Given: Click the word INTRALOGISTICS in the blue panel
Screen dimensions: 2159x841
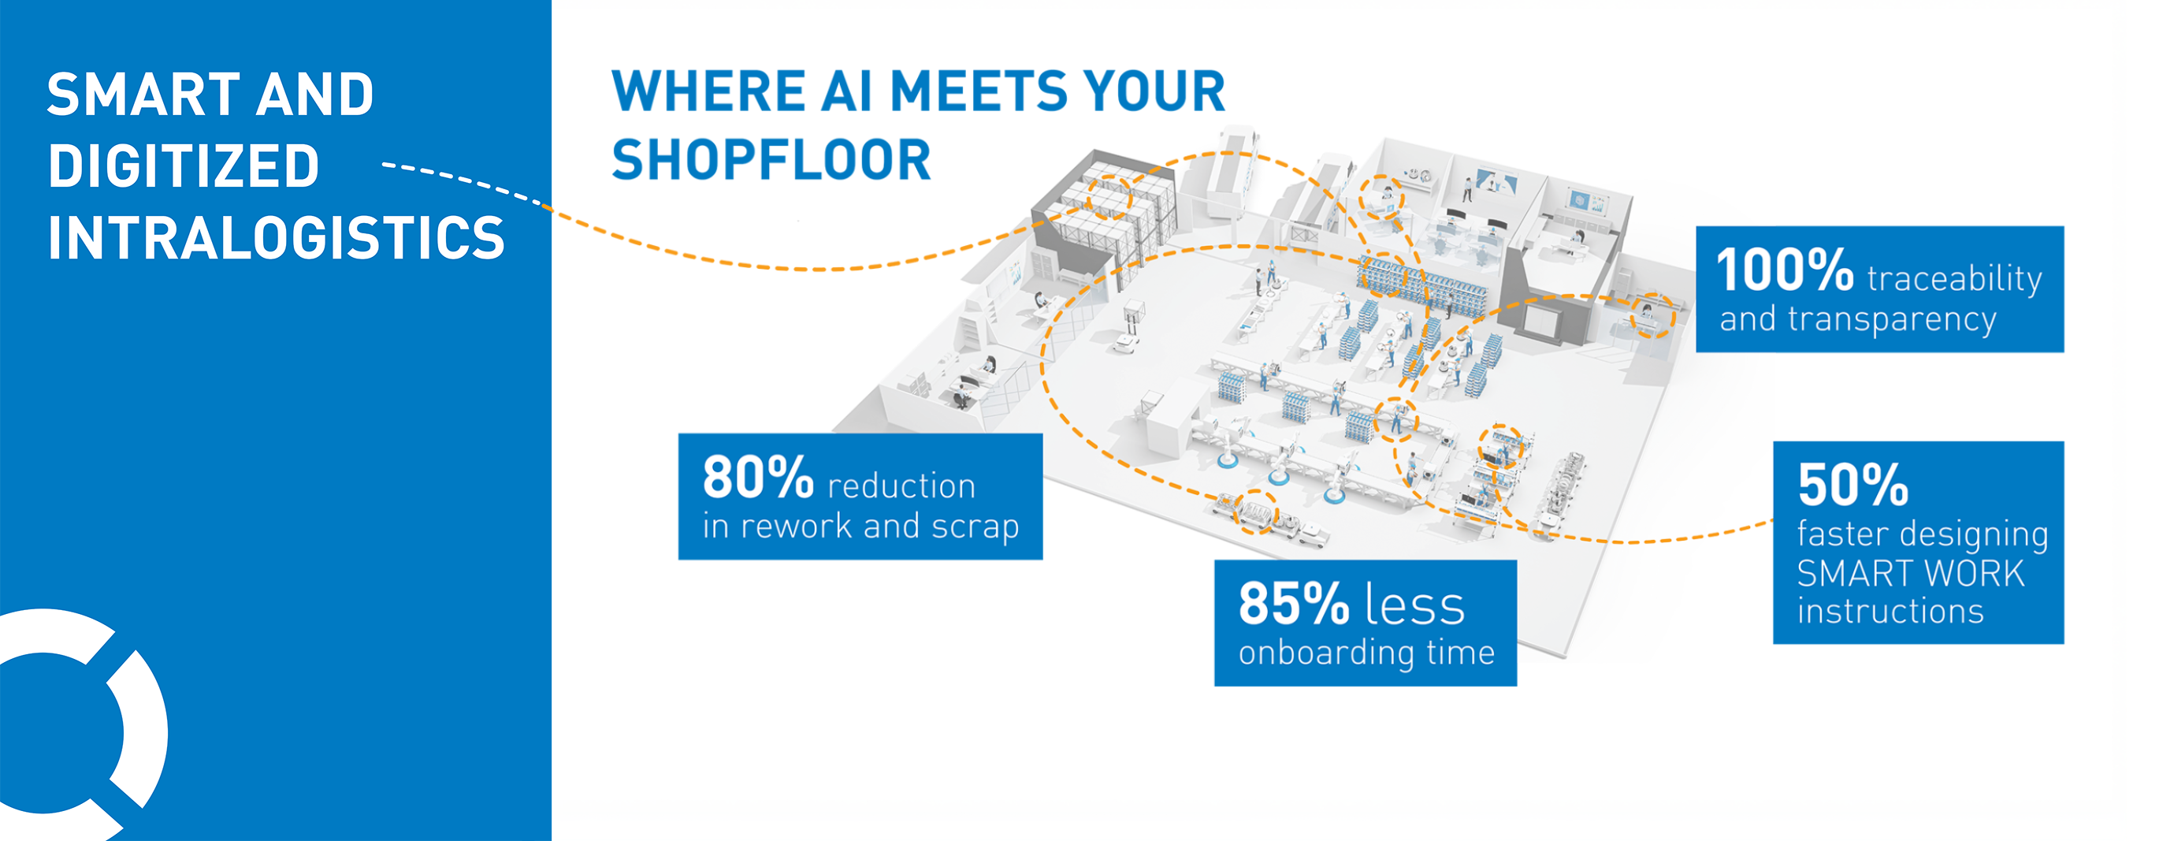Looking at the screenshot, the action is (x=277, y=238).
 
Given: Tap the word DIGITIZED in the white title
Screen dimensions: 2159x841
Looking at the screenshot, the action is (x=184, y=166).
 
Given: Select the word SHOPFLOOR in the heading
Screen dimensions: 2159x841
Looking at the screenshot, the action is (x=771, y=160).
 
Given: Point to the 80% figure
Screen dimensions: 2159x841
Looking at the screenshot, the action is (x=758, y=477).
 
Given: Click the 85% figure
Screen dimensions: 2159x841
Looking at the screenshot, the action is (x=1293, y=604).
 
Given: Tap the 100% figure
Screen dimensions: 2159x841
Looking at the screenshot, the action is (x=1785, y=270).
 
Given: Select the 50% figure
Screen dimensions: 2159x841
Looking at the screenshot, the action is (x=1853, y=485).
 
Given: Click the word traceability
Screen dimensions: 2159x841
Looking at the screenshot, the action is (x=1954, y=279).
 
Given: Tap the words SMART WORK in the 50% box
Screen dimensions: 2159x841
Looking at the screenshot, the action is (x=1910, y=575).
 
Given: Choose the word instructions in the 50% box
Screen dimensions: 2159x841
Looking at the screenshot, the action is (x=1890, y=612).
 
